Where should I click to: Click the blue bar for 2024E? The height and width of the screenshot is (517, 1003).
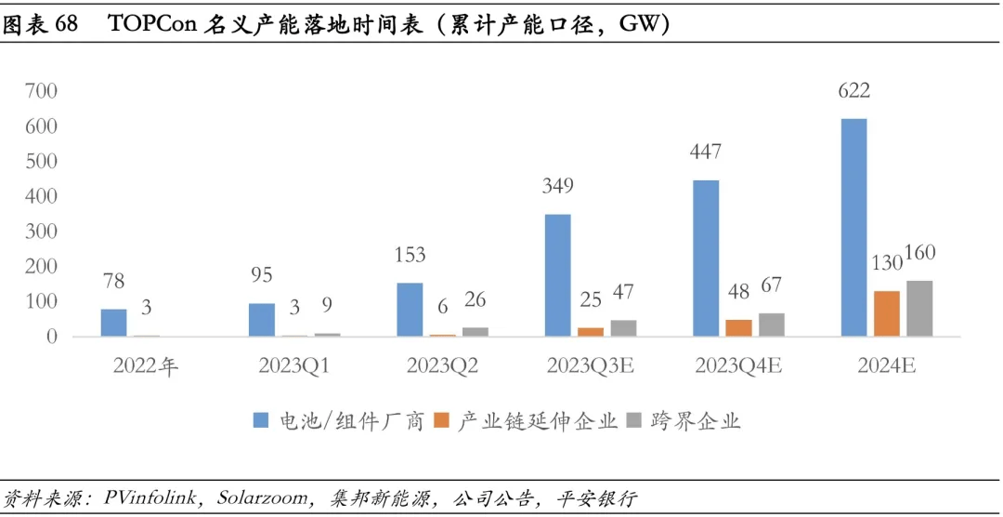(853, 227)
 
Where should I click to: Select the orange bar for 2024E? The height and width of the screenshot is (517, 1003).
(887, 313)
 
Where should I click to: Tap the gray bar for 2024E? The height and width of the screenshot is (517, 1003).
(919, 308)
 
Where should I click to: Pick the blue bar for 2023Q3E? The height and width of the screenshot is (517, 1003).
(557, 275)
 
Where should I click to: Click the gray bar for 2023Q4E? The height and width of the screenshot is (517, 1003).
(771, 325)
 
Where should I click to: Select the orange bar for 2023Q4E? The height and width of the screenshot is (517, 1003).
(738, 327)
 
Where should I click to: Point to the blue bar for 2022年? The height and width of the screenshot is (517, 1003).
(113, 322)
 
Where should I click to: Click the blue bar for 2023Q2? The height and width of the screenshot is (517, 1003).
(410, 309)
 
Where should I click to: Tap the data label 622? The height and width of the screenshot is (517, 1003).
(853, 91)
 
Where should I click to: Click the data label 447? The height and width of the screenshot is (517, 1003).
(705, 152)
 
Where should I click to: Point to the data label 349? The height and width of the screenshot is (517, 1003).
(557, 186)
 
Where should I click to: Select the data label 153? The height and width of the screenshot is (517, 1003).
(409, 254)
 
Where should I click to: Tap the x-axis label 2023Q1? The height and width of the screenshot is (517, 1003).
(293, 365)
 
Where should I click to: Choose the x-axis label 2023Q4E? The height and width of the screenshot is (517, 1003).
(737, 365)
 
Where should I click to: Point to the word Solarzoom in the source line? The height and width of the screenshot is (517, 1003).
(262, 498)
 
